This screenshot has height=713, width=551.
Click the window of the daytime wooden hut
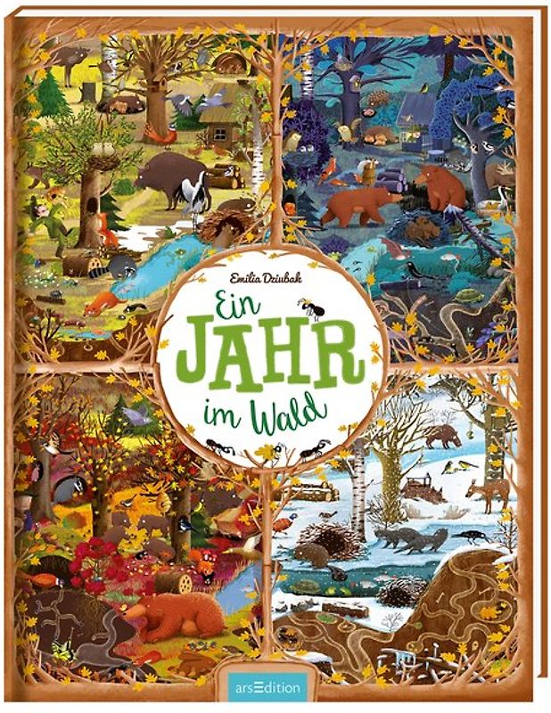pos(219,135)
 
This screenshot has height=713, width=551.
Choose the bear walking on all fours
pos(361,205)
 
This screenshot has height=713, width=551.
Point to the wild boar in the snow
pos(443,435)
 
